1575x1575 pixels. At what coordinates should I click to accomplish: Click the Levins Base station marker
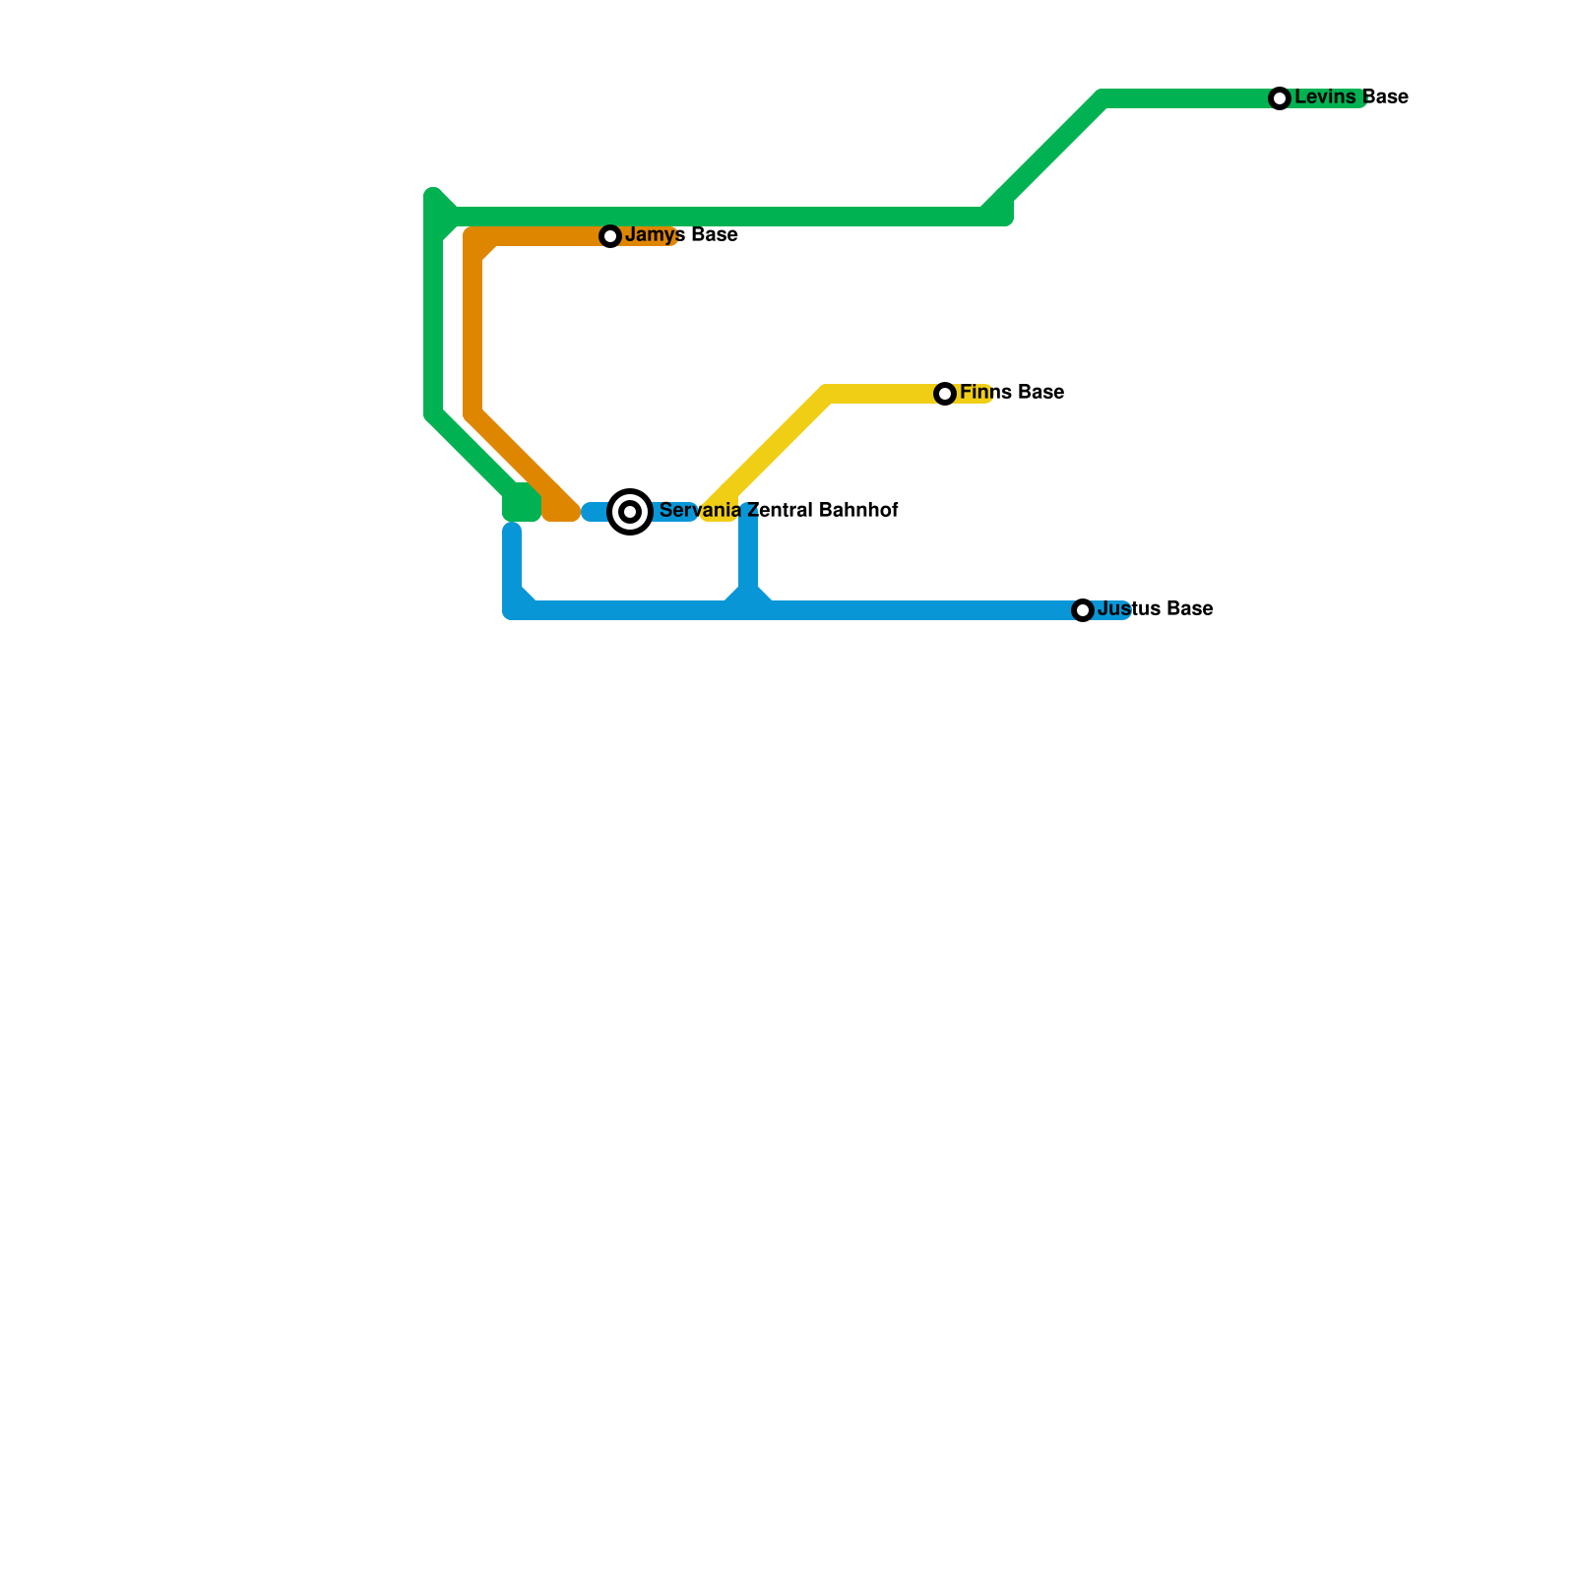coord(1279,98)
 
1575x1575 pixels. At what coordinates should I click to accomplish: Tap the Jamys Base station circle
coord(610,236)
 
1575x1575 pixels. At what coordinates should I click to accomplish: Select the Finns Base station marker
coord(945,394)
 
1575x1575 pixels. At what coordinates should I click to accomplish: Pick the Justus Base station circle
coord(1083,610)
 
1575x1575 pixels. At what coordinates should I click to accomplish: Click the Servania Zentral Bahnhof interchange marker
coord(630,512)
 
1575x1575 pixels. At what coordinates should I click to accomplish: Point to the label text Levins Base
coord(1351,97)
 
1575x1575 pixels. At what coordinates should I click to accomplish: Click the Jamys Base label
coord(681,235)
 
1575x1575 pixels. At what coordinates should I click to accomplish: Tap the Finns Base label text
coord(1012,393)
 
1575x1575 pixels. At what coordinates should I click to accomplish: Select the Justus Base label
coord(1155,609)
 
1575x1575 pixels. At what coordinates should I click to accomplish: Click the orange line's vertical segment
coord(473,335)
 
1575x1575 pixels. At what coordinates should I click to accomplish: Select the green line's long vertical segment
coord(432,315)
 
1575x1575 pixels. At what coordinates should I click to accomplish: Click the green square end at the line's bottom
coord(522,507)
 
